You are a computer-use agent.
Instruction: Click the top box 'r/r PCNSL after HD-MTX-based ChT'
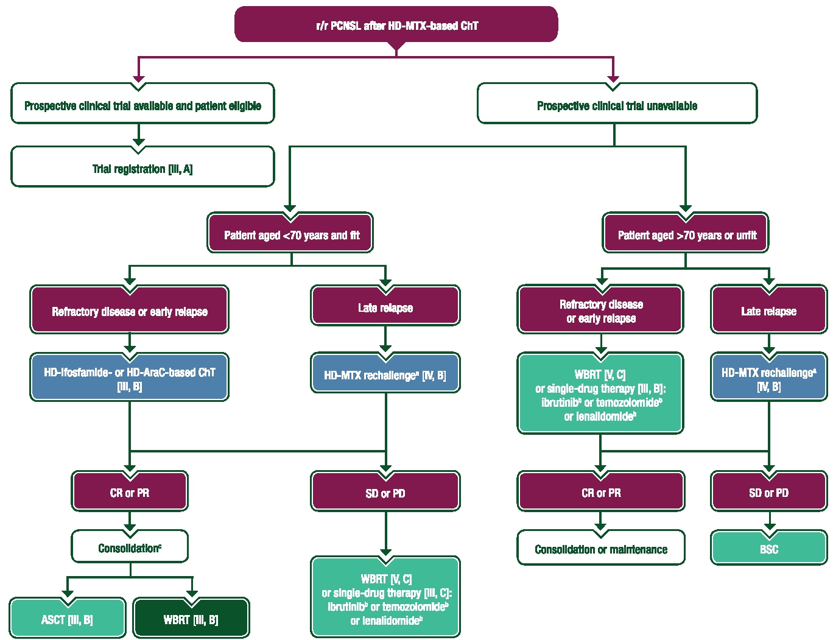(396, 25)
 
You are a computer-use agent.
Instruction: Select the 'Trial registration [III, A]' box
(142, 168)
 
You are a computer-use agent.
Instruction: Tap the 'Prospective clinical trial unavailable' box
(617, 105)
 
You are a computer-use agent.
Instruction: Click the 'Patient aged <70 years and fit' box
(290, 234)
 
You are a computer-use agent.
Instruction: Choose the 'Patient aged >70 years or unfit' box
(686, 234)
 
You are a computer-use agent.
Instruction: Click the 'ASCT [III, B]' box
(67, 619)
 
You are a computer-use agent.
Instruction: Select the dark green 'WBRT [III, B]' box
(191, 619)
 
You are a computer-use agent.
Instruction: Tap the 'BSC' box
(768, 549)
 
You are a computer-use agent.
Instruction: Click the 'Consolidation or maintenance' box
(600, 549)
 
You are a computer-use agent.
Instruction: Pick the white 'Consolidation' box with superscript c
(129, 547)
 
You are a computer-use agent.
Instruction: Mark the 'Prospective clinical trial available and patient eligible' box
(142, 105)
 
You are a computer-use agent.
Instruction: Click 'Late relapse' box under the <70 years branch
(385, 308)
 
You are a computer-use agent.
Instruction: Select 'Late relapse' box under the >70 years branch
(768, 311)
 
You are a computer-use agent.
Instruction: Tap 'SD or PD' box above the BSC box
(768, 492)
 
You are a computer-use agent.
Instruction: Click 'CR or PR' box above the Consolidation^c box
(129, 492)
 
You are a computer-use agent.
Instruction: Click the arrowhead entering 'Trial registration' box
(139, 143)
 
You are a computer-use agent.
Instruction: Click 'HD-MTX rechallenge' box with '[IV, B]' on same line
(385, 375)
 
